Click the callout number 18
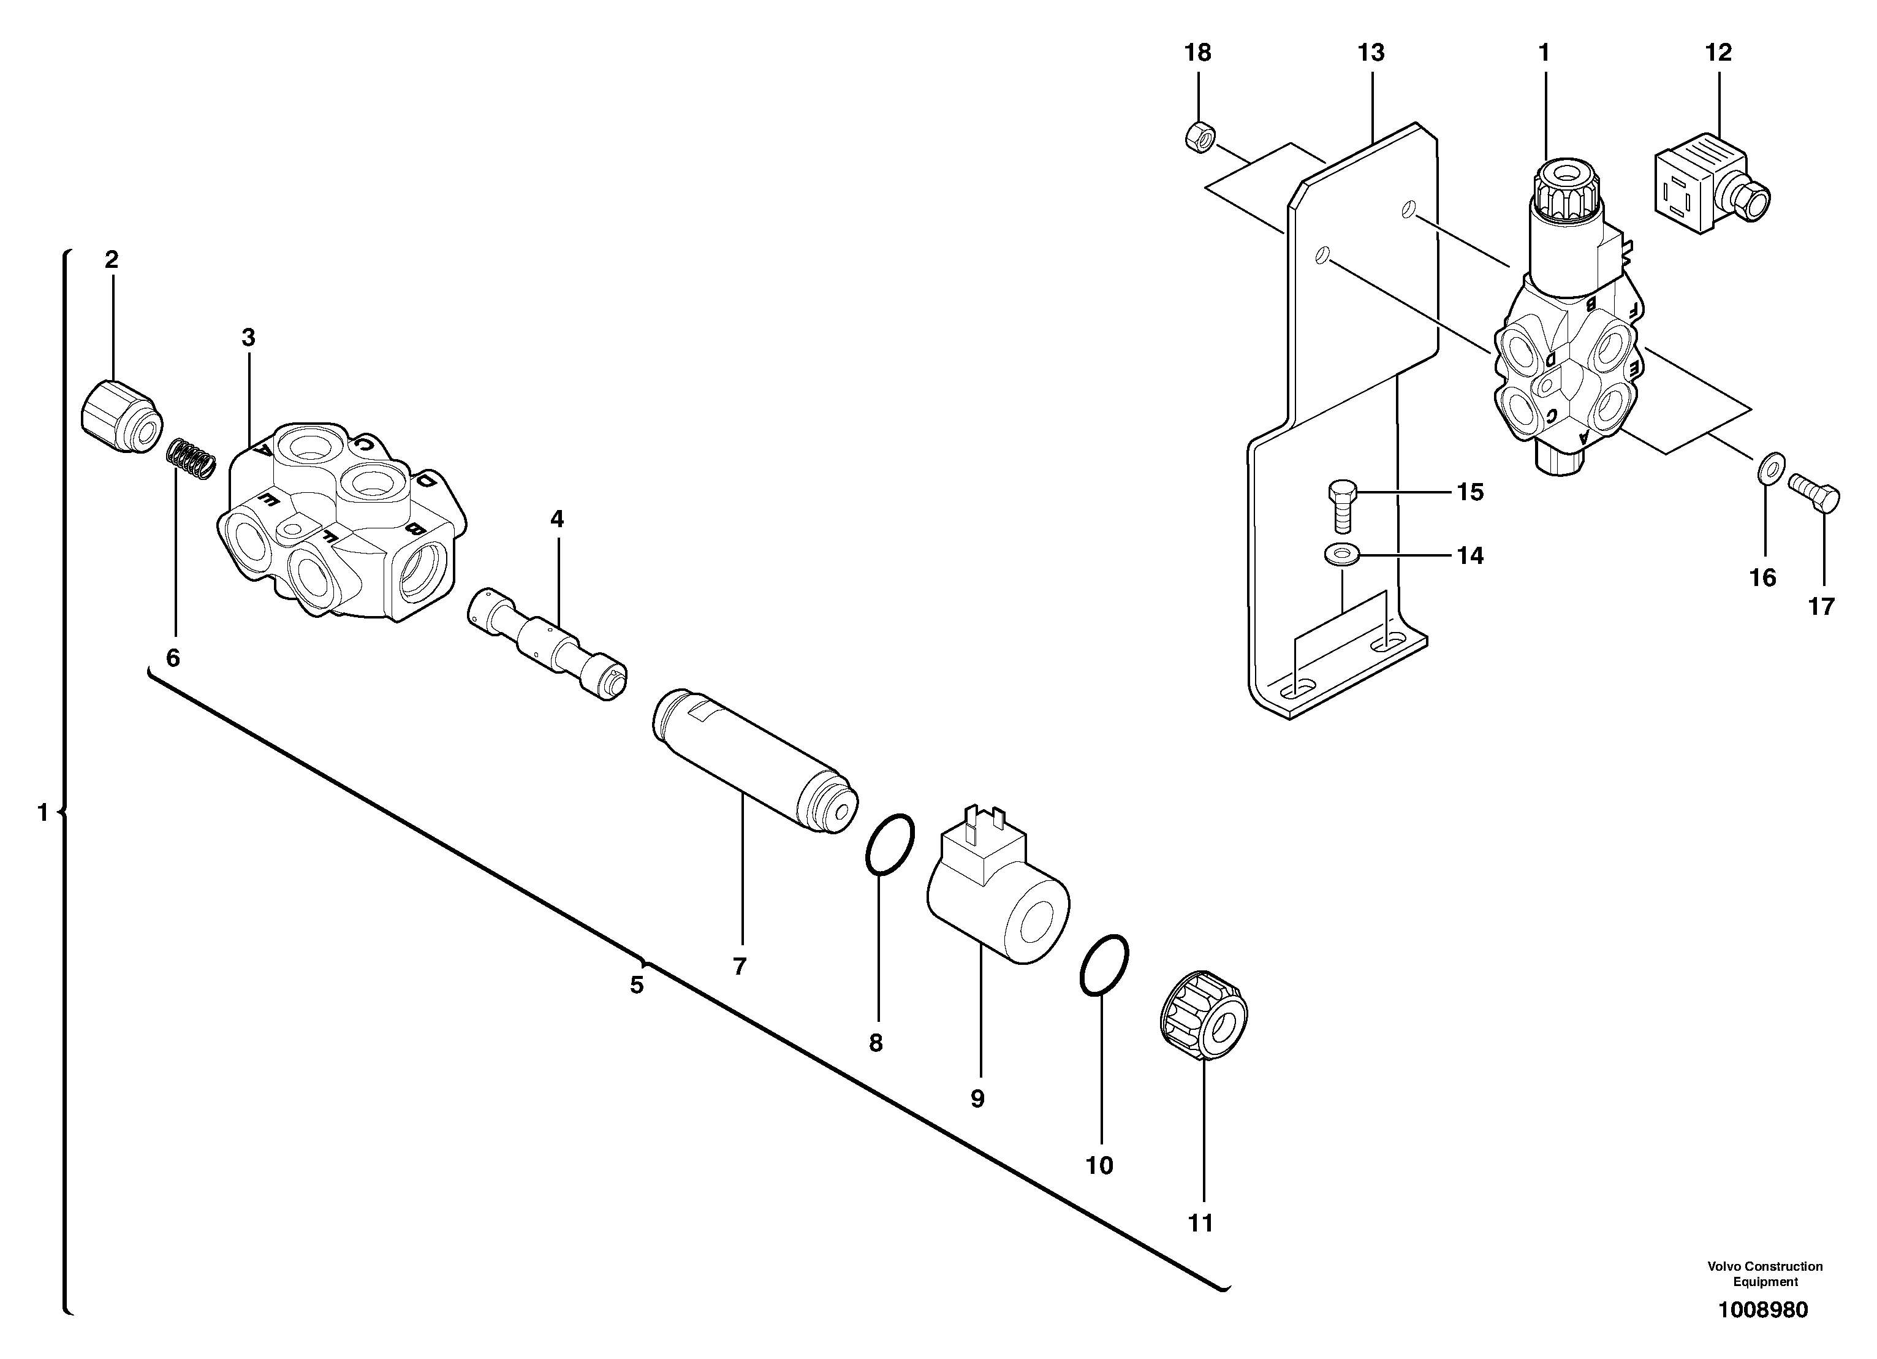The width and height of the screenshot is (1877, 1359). click(x=1197, y=53)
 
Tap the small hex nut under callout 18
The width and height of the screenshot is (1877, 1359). click(x=1199, y=137)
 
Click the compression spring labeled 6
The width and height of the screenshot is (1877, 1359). click(x=192, y=459)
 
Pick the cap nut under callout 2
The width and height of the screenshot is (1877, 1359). click(x=121, y=416)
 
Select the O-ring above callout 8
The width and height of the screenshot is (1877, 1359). click(x=890, y=843)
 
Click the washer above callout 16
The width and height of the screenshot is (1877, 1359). click(x=1770, y=468)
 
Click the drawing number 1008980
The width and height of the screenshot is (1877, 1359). click(x=1763, y=1309)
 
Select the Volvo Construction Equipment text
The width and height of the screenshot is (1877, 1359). click(x=1764, y=1274)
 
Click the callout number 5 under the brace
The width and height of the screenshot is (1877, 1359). click(x=637, y=985)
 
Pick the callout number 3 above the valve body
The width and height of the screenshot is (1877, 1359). click(x=248, y=338)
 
